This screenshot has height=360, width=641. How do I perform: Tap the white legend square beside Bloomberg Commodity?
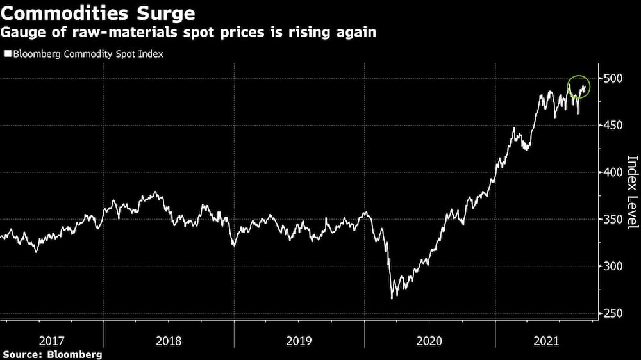click(7, 54)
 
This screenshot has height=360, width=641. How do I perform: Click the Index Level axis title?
click(631, 192)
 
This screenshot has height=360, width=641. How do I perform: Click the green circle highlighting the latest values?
click(578, 88)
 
